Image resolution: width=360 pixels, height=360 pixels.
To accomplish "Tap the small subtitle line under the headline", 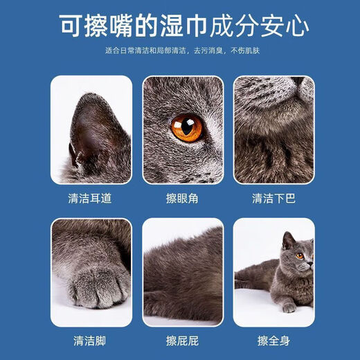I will [181, 51].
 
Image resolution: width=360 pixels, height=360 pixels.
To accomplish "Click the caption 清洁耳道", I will [91, 198].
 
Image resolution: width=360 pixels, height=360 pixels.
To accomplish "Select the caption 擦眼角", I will [183, 198].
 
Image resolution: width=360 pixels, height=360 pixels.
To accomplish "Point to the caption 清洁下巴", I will [273, 198].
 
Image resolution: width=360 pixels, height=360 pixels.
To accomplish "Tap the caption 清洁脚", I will [91, 341].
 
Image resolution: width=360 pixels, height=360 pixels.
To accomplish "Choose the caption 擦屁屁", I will [183, 341].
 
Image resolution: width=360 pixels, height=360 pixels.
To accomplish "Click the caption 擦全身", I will [273, 341].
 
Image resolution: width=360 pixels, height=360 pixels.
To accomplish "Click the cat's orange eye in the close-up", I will [187, 127].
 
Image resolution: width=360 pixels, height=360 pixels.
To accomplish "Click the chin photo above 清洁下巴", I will [273, 129].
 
